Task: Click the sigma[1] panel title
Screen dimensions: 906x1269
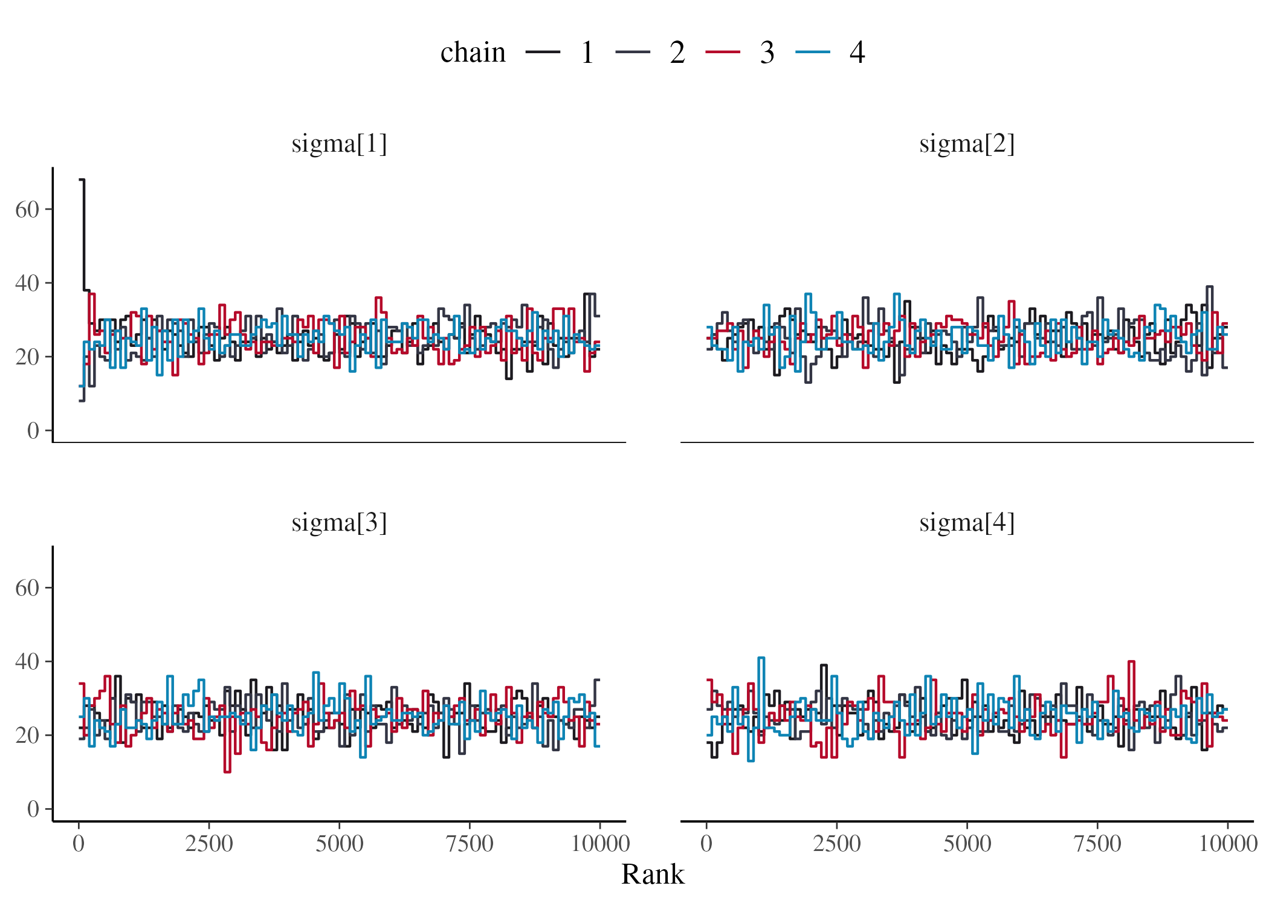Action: tap(339, 144)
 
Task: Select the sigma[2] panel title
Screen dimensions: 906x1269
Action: tap(966, 144)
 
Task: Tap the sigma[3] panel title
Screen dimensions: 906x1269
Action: tap(339, 522)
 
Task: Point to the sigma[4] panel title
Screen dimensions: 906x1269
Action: tap(966, 522)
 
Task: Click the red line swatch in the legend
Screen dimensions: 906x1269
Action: tap(723, 53)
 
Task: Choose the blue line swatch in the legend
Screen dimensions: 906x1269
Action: tap(812, 53)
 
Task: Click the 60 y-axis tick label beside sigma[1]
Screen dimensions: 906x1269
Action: tap(27, 210)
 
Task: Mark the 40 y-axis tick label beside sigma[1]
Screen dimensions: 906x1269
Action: tap(27, 283)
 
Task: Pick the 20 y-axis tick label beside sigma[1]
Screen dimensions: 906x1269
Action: tap(27, 357)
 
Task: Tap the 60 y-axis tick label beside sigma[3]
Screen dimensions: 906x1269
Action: tap(27, 587)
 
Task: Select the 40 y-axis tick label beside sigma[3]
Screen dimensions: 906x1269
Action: tap(27, 661)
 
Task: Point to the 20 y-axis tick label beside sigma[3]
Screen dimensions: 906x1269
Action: tap(27, 735)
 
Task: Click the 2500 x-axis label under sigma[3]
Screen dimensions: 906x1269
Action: tap(208, 843)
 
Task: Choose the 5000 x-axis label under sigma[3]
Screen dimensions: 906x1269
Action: tap(339, 843)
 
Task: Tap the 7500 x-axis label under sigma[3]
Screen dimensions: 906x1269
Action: tap(470, 843)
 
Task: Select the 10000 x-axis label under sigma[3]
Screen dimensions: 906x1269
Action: tap(599, 843)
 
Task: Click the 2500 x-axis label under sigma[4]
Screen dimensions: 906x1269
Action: tap(836, 843)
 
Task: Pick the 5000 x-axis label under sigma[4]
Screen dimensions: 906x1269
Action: tap(967, 843)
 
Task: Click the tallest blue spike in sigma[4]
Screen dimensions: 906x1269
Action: tap(761, 658)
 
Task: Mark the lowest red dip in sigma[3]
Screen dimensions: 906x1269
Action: tap(227, 771)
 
